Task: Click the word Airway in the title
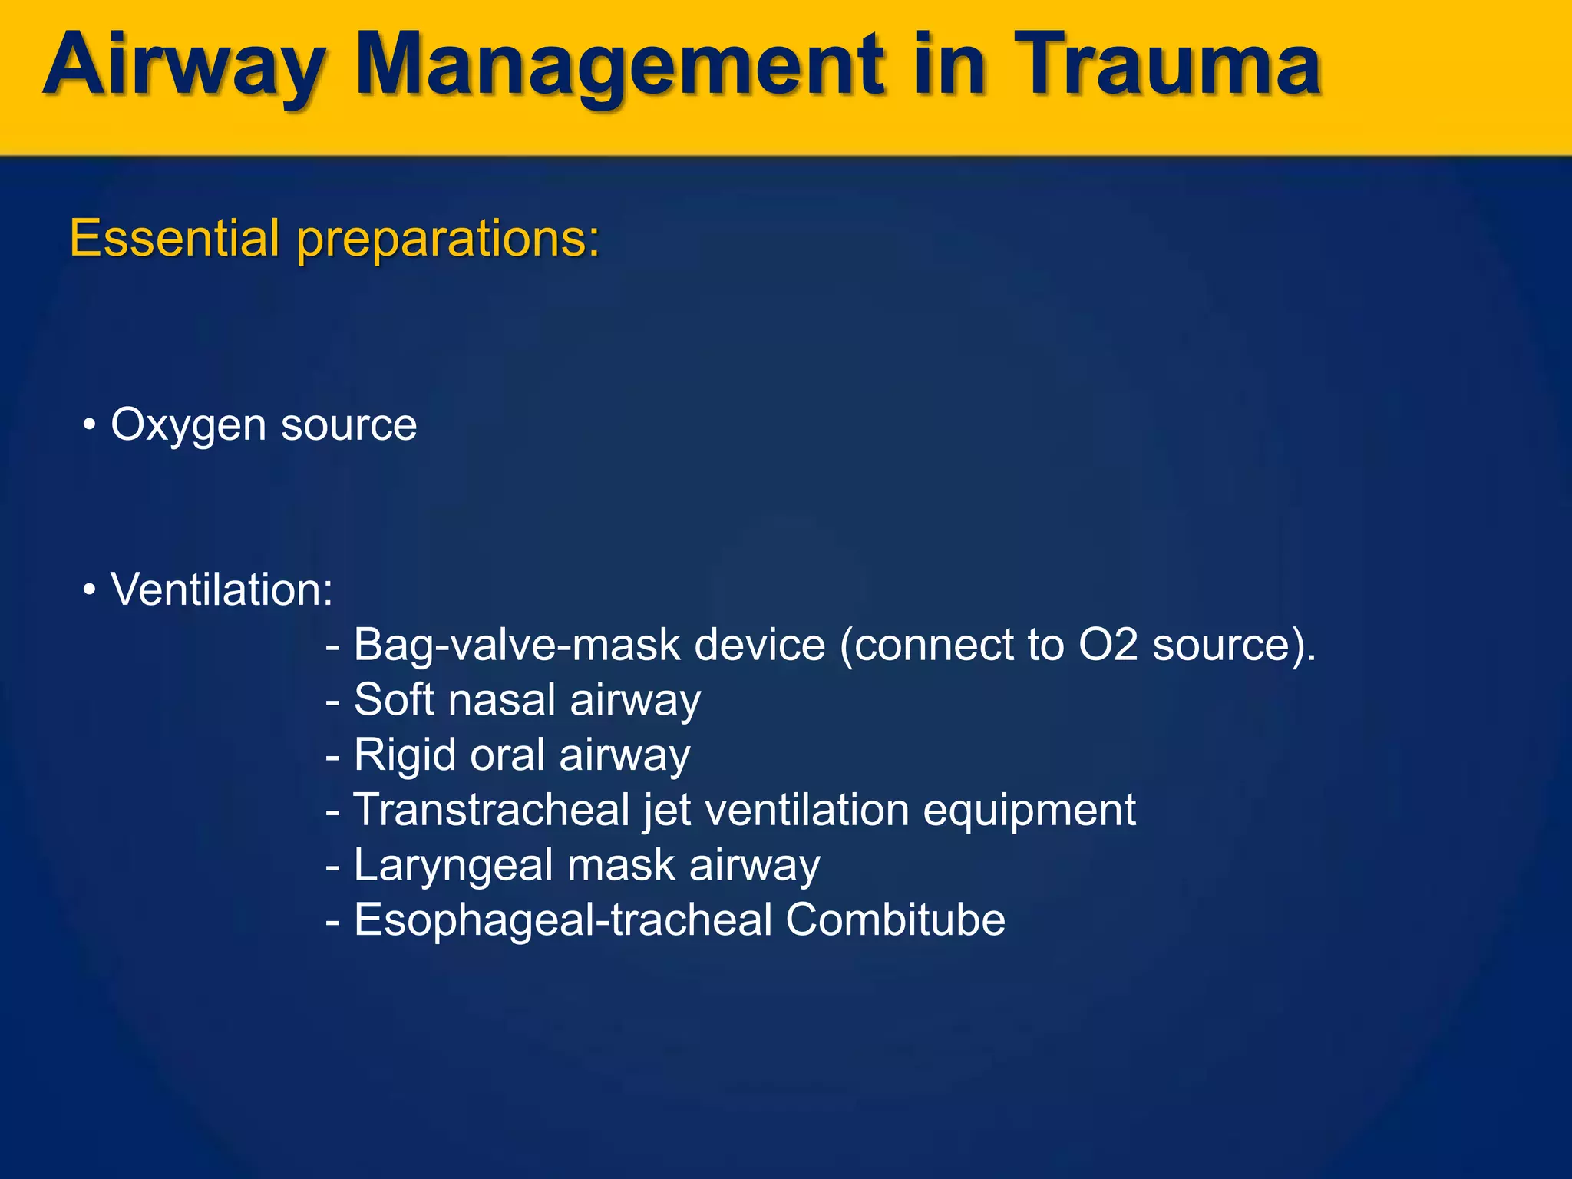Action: click(x=184, y=68)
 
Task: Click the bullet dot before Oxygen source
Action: click(x=90, y=424)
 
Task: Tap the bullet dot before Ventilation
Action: click(x=90, y=590)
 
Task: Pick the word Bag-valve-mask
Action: click(x=517, y=646)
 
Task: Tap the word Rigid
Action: click(x=405, y=755)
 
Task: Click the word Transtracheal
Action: click(x=491, y=810)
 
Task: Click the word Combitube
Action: click(x=895, y=920)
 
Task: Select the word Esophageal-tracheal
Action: click(x=563, y=921)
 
